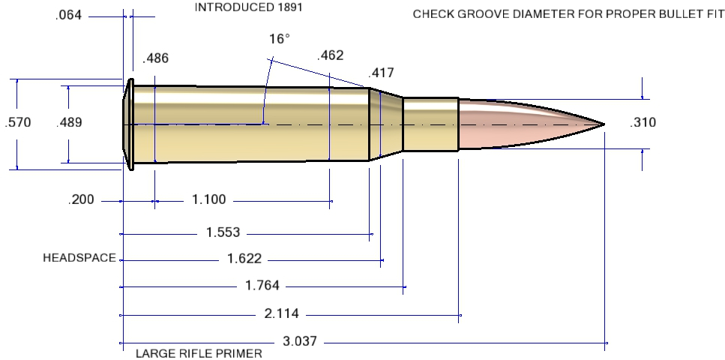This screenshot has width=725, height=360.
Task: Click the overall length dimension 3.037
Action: [x=300, y=341]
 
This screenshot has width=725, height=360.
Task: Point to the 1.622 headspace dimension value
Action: [x=244, y=259]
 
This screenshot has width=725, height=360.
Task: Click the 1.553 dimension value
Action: [x=223, y=232]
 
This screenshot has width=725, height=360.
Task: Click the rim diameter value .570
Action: [x=17, y=122]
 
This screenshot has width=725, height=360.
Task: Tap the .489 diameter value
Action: [x=69, y=122]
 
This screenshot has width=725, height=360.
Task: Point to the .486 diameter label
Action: [x=155, y=57]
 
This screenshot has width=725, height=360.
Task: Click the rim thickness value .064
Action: [x=69, y=15]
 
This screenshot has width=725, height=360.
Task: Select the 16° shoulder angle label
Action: [x=277, y=39]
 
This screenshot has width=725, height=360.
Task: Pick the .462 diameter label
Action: [x=331, y=55]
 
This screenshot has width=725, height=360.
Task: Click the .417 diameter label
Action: [x=381, y=73]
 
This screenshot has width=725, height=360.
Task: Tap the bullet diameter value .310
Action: [x=643, y=122]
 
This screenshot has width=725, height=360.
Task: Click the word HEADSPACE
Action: [x=79, y=258]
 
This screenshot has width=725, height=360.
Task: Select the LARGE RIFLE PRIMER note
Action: [x=199, y=353]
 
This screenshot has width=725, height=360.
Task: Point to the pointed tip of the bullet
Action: [x=603, y=124]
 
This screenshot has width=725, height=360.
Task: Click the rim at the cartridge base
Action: [x=129, y=124]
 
